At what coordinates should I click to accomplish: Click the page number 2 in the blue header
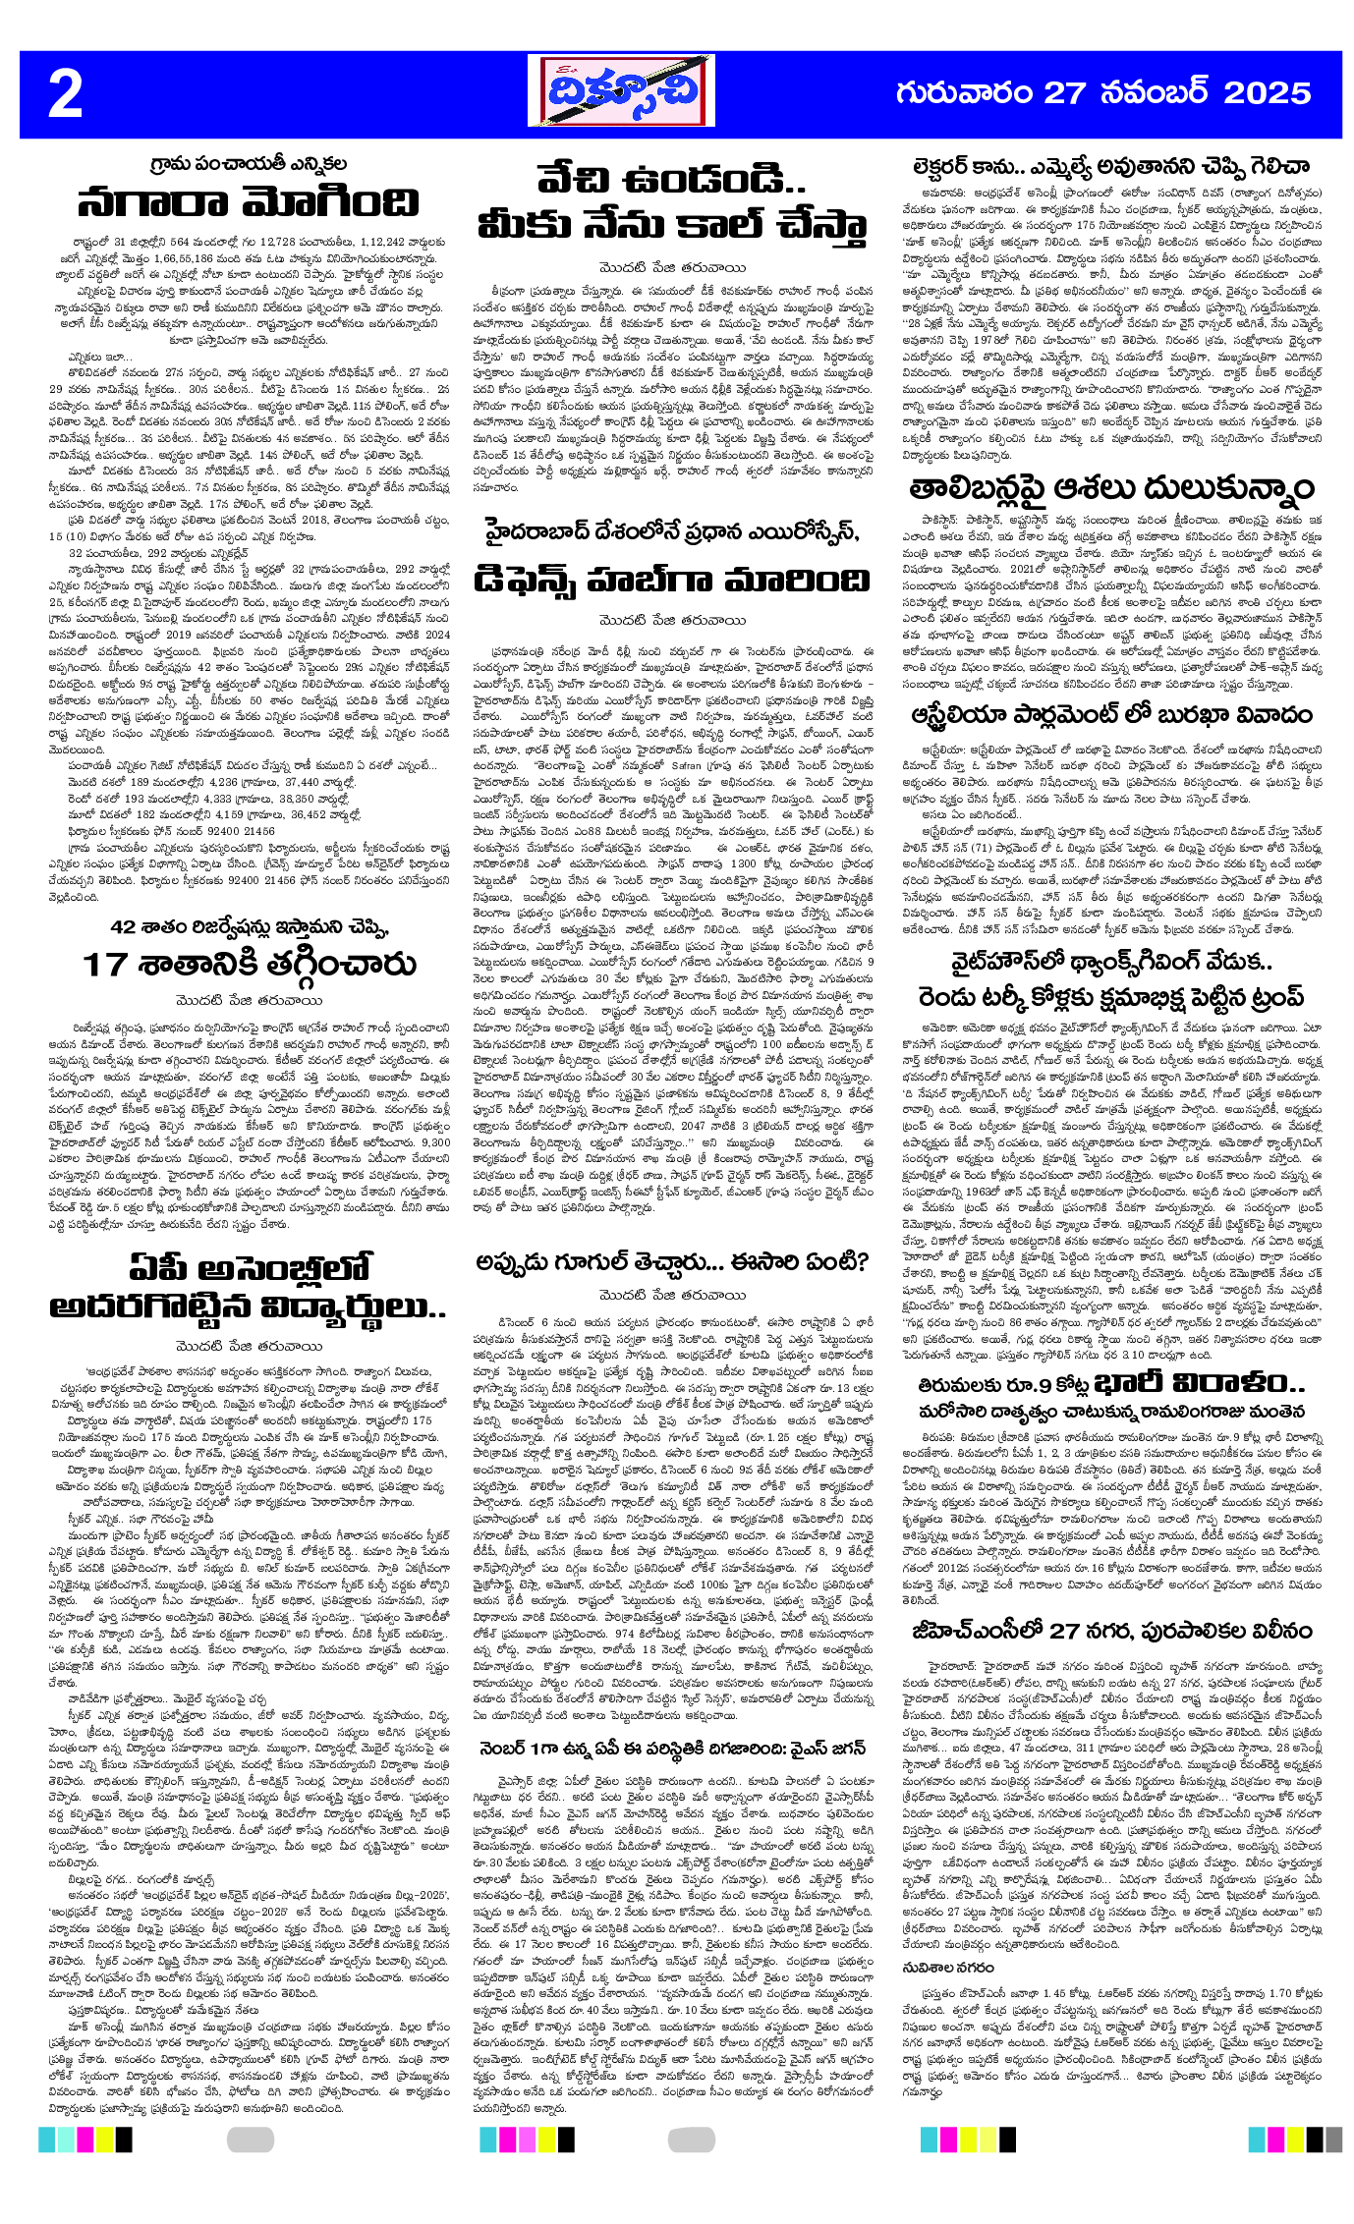click(65, 95)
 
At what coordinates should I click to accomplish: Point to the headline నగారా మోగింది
click(248, 202)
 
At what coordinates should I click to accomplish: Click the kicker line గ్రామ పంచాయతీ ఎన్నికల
click(249, 162)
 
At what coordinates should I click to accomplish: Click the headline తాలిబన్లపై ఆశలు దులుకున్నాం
click(1110, 488)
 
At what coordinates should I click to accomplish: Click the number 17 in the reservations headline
click(104, 966)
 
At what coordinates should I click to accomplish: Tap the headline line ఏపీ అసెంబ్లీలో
click(250, 1268)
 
